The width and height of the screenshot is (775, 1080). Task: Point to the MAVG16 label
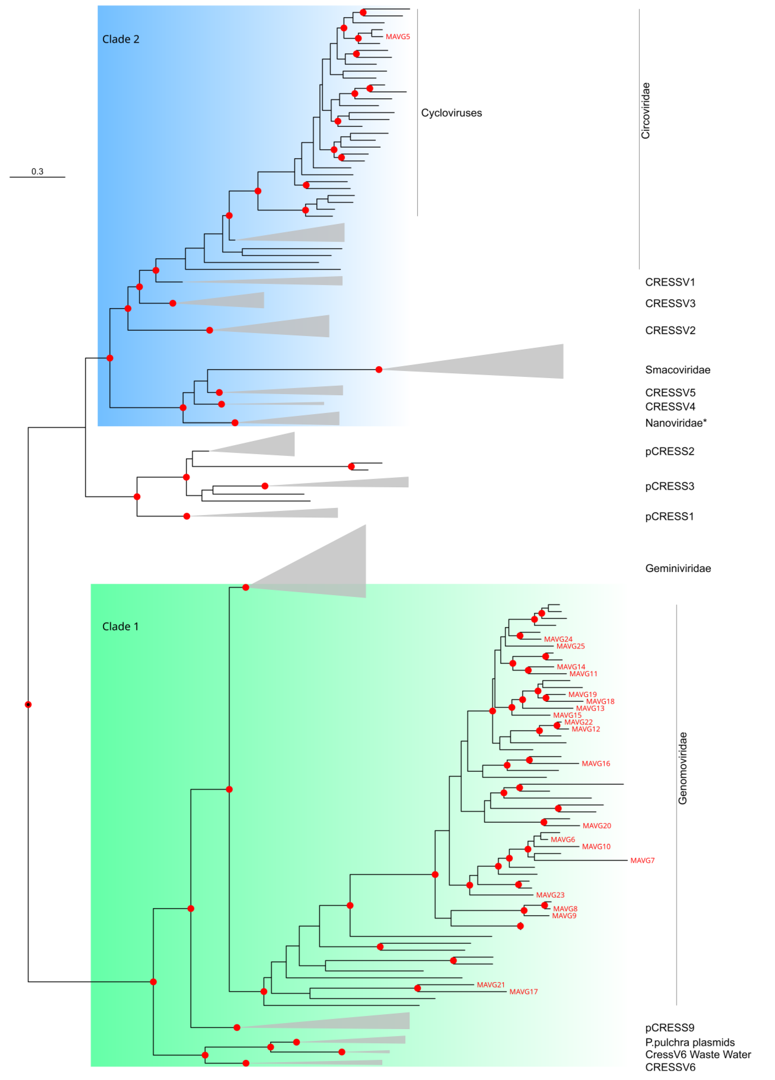pos(595,763)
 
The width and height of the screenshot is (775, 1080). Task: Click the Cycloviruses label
pos(451,113)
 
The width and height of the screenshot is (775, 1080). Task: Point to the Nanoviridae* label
pos(675,423)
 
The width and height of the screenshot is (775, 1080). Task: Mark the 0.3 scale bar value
pos(37,171)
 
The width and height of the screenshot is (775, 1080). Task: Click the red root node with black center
pos(28,704)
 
